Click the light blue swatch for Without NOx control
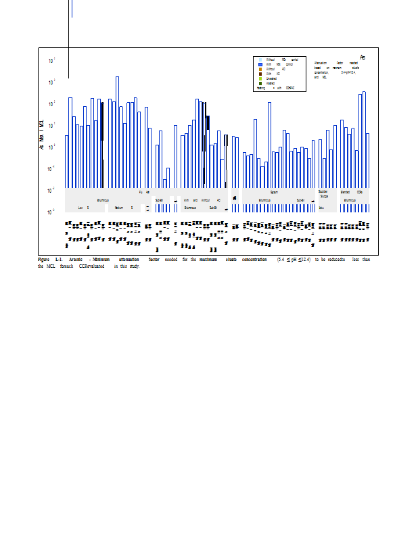pyautogui.click(x=260, y=60)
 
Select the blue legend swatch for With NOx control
pyautogui.click(x=260, y=64)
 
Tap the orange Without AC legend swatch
pyautogui.click(x=260, y=69)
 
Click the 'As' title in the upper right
pyautogui.click(x=363, y=57)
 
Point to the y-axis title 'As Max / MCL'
pyautogui.click(x=42, y=135)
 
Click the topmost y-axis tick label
pyautogui.click(x=52, y=61)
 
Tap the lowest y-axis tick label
pyautogui.click(x=52, y=212)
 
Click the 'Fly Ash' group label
pyautogui.click(x=144, y=192)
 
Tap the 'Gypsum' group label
pyautogui.click(x=274, y=192)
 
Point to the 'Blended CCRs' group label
pyautogui.click(x=354, y=192)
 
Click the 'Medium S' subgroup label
pyautogui.click(x=122, y=208)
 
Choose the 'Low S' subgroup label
pyautogui.click(x=83, y=208)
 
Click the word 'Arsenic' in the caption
pyautogui.click(x=75, y=260)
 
